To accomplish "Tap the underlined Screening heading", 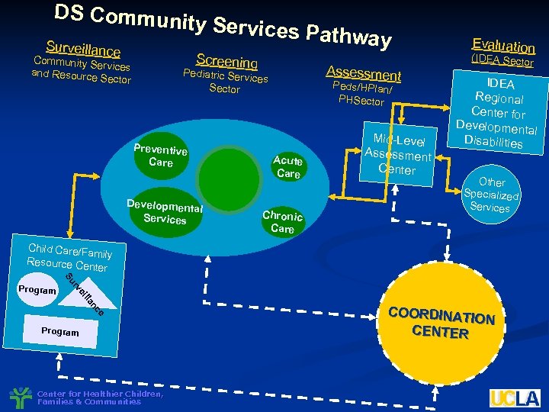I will pos(226,61).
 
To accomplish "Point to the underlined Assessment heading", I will pos(363,72).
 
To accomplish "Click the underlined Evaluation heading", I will pos(503,45).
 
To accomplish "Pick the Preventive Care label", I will pos(160,156).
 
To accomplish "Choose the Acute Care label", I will pos(287,166).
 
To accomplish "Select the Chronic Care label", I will pos(282,221).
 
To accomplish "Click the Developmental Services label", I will pos(165,212).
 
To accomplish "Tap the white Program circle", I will pos(37,291).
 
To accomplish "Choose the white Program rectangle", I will pos(60,332).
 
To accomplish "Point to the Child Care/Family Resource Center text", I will pos(69,257).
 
